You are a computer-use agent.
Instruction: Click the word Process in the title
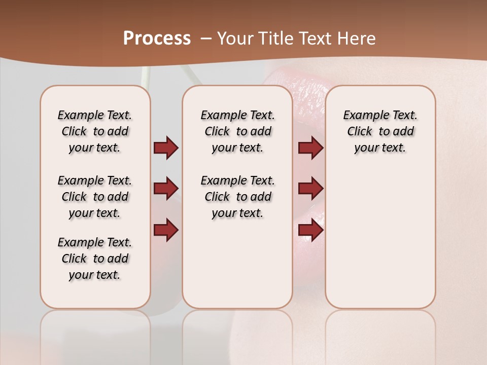pyautogui.click(x=157, y=39)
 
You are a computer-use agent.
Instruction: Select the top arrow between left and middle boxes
pyautogui.click(x=166, y=148)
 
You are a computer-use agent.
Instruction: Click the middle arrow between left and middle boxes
pyautogui.click(x=166, y=189)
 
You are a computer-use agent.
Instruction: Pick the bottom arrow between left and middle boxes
pyautogui.click(x=166, y=230)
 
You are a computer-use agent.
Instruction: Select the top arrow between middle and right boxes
pyautogui.click(x=310, y=148)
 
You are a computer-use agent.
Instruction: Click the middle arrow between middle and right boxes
pyautogui.click(x=310, y=189)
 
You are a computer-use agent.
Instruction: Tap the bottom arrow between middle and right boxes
pyautogui.click(x=310, y=230)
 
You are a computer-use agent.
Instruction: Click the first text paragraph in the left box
pyautogui.click(x=95, y=131)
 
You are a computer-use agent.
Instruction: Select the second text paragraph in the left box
pyautogui.click(x=95, y=197)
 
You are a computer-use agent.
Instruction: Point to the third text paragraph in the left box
pyautogui.click(x=95, y=259)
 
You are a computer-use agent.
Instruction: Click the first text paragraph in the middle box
pyautogui.click(x=237, y=131)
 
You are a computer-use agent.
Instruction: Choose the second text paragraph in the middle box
pyautogui.click(x=237, y=197)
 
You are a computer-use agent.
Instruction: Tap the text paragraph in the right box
pyautogui.click(x=380, y=131)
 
